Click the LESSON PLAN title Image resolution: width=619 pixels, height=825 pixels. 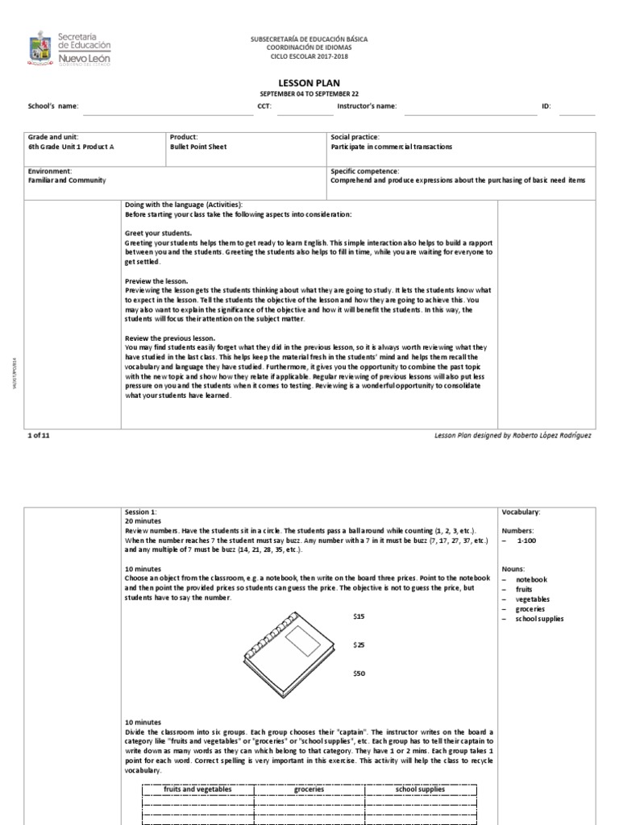(309, 83)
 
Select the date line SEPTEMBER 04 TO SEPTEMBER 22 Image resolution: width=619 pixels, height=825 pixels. (309, 93)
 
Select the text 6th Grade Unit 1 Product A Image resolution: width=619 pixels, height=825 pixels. (69, 147)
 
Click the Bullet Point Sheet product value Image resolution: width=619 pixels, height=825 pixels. (198, 147)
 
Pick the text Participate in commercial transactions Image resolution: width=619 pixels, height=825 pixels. (392, 147)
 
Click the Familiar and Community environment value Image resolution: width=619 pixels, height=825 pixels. (67, 181)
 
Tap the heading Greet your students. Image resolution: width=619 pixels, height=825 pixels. (158, 233)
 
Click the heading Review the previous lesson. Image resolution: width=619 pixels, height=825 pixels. (170, 338)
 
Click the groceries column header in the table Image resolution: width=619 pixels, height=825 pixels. (309, 790)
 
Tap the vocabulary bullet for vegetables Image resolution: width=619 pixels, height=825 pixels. (534, 599)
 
